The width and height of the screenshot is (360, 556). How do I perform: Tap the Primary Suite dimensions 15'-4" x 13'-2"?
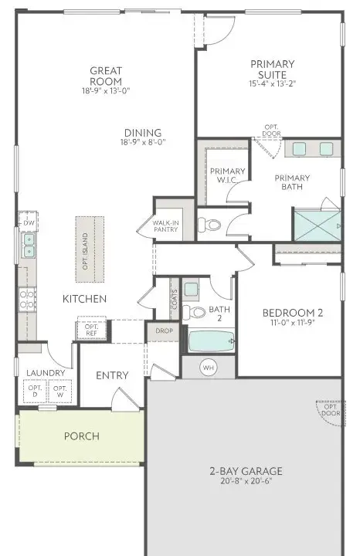coord(273,83)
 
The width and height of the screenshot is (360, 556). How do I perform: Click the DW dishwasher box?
coord(28,223)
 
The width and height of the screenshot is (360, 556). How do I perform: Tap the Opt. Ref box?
coord(92,329)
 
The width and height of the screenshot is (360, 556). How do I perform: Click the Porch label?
coord(82,436)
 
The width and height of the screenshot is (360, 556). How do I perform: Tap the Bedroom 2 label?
coord(293,313)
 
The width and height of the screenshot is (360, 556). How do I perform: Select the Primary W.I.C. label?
coord(227,176)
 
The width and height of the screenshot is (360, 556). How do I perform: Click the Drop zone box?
coord(163,331)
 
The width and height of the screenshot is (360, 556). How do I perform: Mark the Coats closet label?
coord(173,303)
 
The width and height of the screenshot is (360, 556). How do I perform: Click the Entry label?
coord(112,375)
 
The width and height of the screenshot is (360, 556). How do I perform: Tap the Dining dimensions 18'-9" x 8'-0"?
coord(144,142)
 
